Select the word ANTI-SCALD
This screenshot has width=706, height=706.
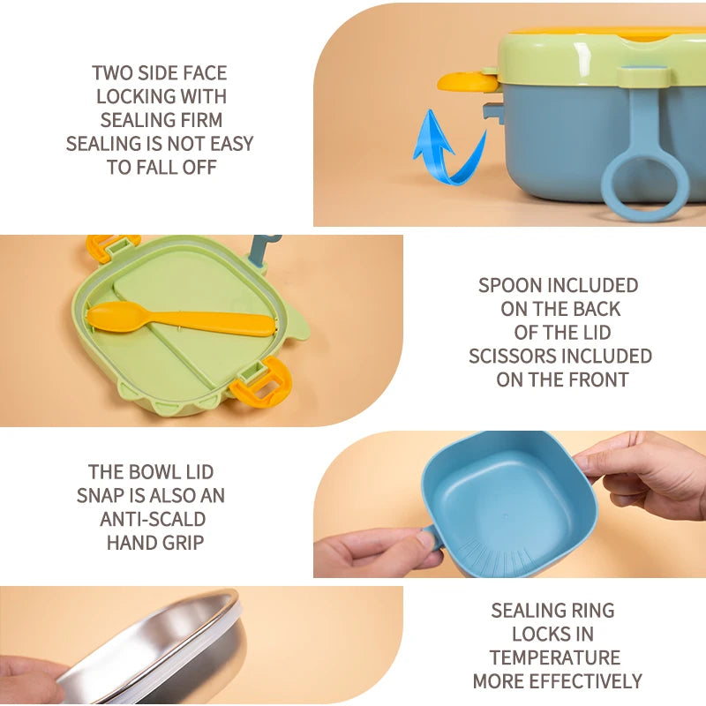pyautogui.click(x=153, y=519)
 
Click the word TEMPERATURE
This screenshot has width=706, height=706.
pyautogui.click(x=555, y=657)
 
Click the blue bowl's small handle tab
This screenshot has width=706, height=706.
pyautogui.click(x=433, y=537)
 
